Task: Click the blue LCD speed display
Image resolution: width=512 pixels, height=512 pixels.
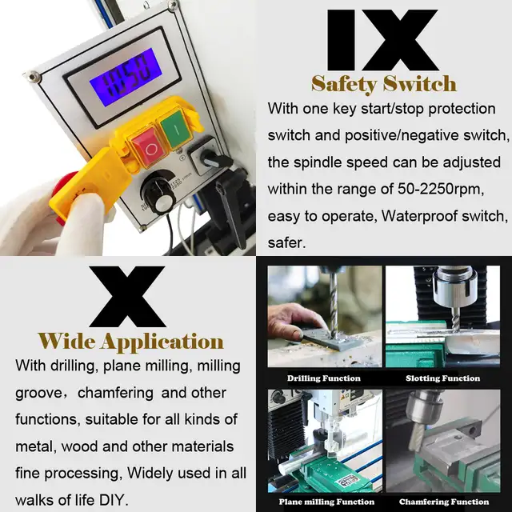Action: point(126,77)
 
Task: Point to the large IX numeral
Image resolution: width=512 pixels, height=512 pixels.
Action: point(382,40)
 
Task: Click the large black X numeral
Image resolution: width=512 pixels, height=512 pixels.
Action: point(127,297)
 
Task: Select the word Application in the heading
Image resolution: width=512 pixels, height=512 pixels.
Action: point(162,342)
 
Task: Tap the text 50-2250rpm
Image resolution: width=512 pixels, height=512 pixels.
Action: point(440,189)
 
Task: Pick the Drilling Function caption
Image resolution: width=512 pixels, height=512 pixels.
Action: point(323,378)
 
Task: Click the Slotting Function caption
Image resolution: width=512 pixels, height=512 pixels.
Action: point(442,378)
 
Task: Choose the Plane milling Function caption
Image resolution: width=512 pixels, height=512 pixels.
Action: point(326,502)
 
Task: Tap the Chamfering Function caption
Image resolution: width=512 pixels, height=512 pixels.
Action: point(444,502)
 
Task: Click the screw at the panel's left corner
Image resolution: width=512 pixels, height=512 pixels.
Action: point(33,78)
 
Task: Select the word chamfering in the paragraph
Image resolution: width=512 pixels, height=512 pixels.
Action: point(115,393)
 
